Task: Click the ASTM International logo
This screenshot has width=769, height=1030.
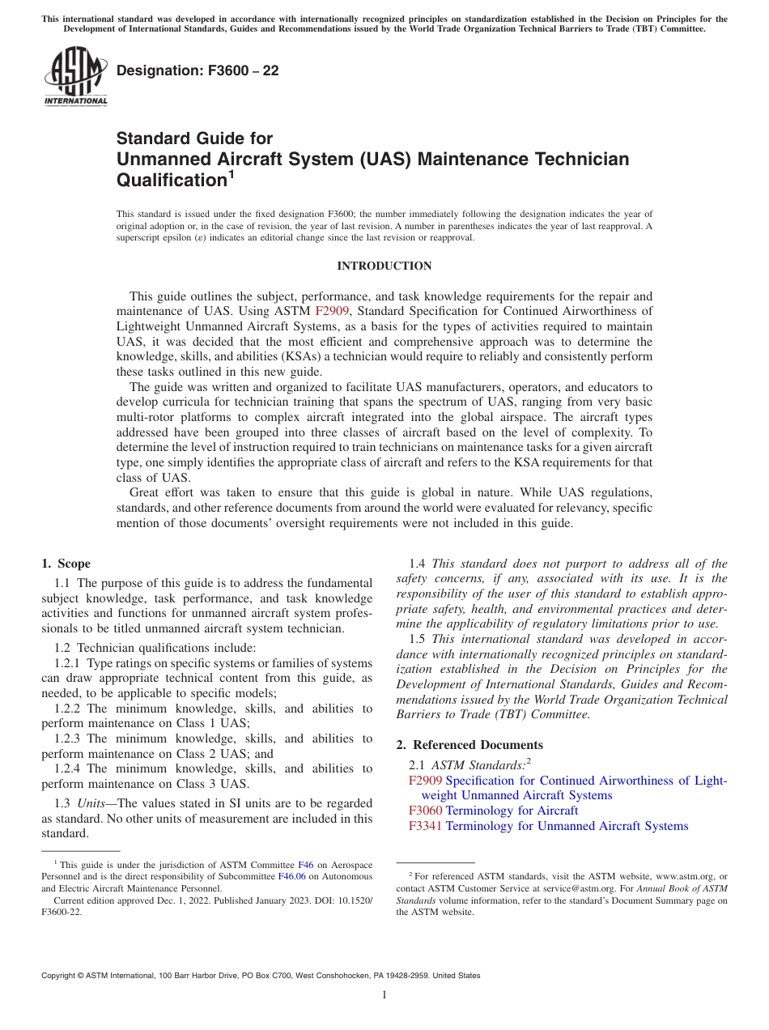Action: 74,76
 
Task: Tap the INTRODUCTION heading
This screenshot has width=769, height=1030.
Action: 384,266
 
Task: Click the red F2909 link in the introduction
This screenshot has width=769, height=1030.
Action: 332,311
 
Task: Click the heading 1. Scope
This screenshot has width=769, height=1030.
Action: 66,564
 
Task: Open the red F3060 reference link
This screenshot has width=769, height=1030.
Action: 425,811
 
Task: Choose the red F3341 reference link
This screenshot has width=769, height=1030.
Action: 425,826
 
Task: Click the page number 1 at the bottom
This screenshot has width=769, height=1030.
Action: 384,995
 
